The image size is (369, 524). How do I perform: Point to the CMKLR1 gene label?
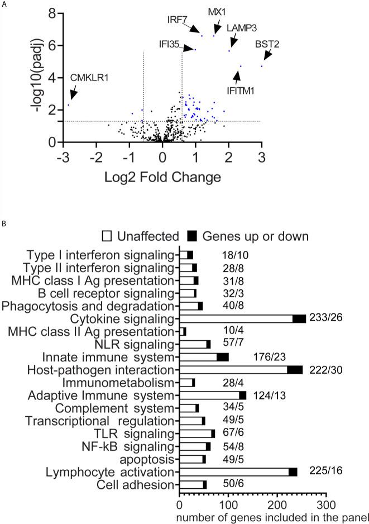point(88,78)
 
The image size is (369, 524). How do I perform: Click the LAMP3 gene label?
point(241,28)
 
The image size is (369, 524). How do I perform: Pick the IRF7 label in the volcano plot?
point(178,20)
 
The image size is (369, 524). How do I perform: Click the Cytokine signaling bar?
point(242,318)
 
